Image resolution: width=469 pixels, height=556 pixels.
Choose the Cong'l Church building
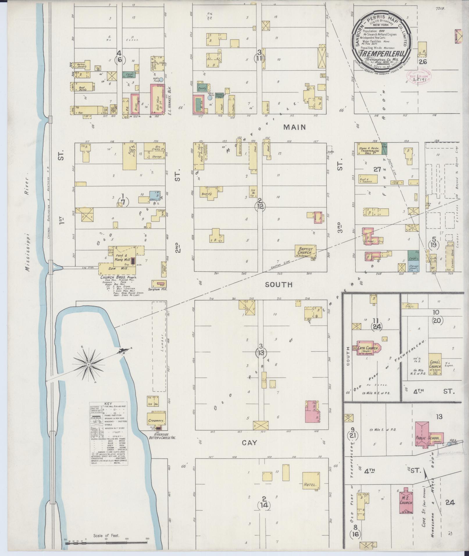(x=435, y=364)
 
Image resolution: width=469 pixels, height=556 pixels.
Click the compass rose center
(x=88, y=364)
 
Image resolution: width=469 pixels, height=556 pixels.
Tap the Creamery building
(x=156, y=421)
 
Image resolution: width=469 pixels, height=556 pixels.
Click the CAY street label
(x=250, y=451)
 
